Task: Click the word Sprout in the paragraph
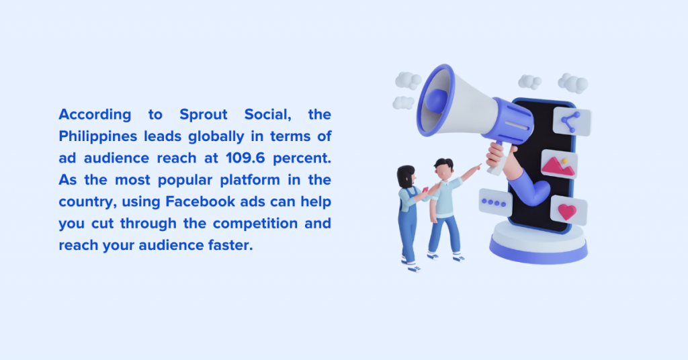pos(203,115)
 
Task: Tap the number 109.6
pos(245,158)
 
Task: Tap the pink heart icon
pos(567,212)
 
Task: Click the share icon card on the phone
pos(571,122)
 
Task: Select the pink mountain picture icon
pos(558,166)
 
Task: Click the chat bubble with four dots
pos(495,203)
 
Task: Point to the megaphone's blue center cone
pos(436,101)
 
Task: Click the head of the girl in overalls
pos(406,176)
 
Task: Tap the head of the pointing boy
pos(443,169)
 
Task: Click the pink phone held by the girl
pos(425,190)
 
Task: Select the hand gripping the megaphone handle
pos(496,154)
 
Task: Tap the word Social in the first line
pos(267,115)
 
